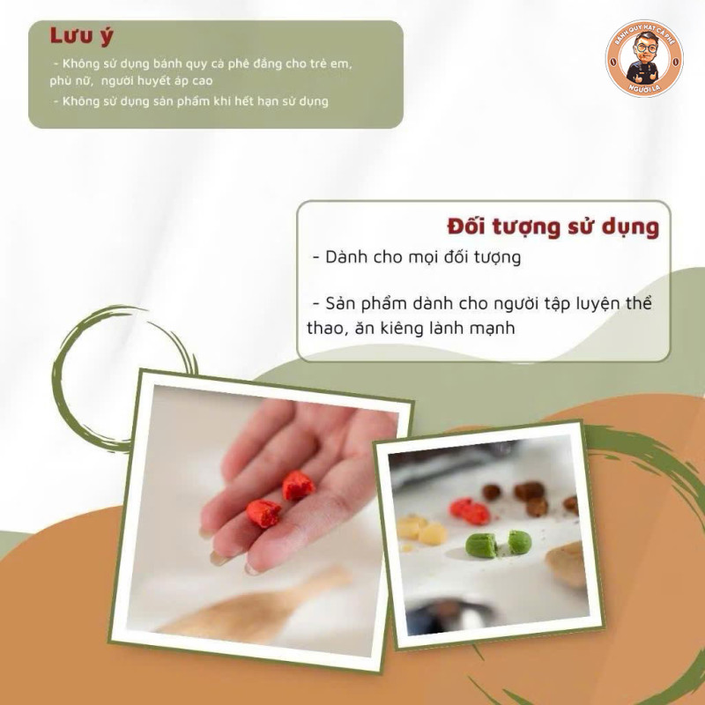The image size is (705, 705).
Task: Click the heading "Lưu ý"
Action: [x=81, y=36]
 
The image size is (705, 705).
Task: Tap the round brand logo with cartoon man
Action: [x=643, y=58]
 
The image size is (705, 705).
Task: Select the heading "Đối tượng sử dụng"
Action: [x=553, y=226]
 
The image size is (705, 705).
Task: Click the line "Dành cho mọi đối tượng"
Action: [x=417, y=257]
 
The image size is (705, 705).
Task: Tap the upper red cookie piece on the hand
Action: [x=298, y=486]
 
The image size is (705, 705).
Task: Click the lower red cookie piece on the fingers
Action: [x=263, y=513]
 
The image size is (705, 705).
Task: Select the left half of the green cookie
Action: [x=481, y=545]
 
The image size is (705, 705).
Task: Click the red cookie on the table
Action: [x=470, y=512]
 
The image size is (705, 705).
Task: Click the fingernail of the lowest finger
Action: [x=253, y=569]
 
